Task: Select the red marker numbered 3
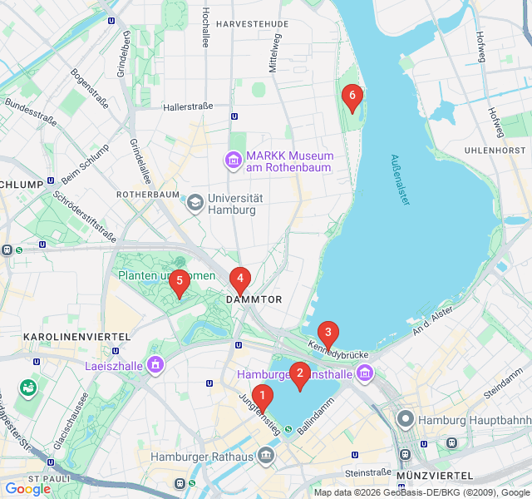pyautogui.click(x=328, y=333)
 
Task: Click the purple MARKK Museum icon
pyautogui.click(x=233, y=159)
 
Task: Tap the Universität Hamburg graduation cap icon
pyautogui.click(x=195, y=201)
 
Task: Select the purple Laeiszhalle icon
pyautogui.click(x=155, y=364)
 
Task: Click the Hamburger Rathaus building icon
pyautogui.click(x=266, y=455)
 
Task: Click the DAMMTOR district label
pyautogui.click(x=254, y=299)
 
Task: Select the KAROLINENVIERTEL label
pyautogui.click(x=66, y=337)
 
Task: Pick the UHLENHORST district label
pyautogui.click(x=495, y=150)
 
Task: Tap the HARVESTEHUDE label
pyautogui.click(x=252, y=24)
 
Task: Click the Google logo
pyautogui.click(x=28, y=489)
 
